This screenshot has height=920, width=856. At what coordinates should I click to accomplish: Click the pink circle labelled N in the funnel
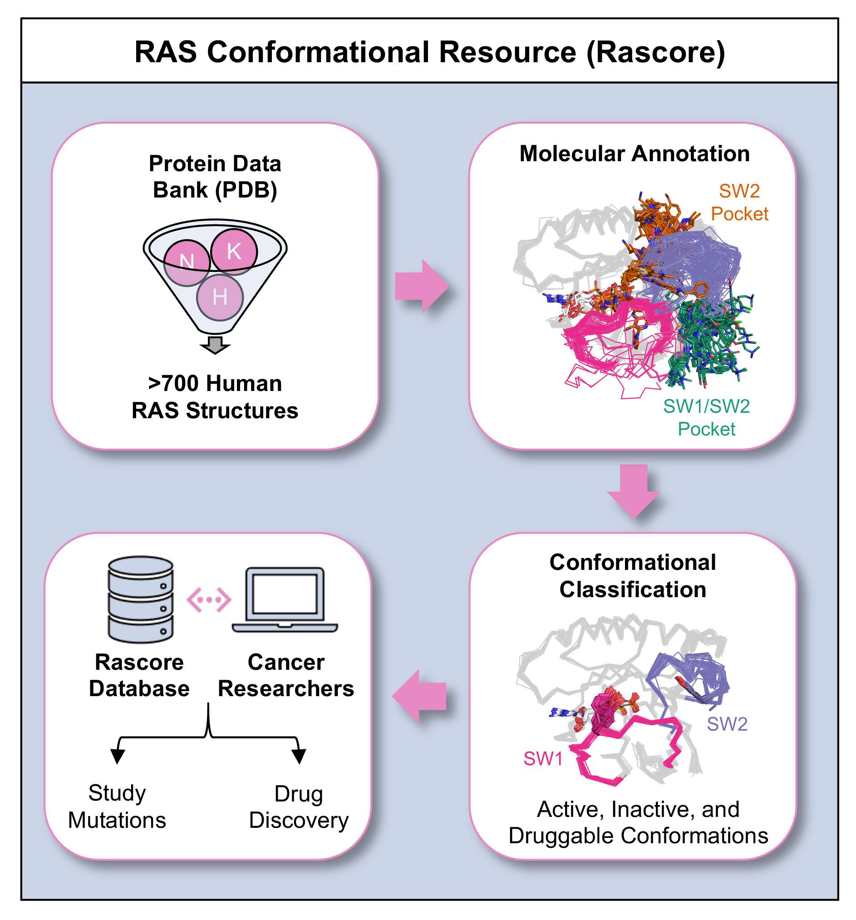[x=187, y=262]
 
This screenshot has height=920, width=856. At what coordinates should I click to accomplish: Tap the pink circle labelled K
[x=234, y=251]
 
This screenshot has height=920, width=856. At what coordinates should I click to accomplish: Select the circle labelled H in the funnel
[x=220, y=297]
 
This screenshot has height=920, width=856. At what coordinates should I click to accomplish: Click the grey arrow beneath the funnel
[x=215, y=345]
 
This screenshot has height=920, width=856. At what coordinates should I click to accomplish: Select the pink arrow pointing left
[x=419, y=696]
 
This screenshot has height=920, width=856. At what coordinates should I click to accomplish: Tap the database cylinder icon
[x=141, y=599]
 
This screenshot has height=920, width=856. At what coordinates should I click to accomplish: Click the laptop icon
[x=285, y=600]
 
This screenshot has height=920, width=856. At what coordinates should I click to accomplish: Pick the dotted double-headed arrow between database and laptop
[x=209, y=600]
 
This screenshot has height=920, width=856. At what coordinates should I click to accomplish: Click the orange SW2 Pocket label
[x=739, y=202]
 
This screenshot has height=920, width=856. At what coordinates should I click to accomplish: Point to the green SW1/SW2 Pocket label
[x=706, y=417]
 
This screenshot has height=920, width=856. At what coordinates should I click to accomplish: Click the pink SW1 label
[x=543, y=759]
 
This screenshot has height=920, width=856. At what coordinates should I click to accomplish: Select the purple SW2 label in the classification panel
[x=727, y=724]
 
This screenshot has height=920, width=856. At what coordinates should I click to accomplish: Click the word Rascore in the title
[x=655, y=52]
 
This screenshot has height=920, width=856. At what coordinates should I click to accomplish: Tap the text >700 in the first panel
[x=173, y=384]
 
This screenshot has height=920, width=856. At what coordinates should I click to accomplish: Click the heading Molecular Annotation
[x=634, y=153]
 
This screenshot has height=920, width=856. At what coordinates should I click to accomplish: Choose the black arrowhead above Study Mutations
[x=118, y=756]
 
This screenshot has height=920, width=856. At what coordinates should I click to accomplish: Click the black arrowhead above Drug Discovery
[x=299, y=756]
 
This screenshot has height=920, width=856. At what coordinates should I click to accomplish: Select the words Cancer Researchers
[x=286, y=675]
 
